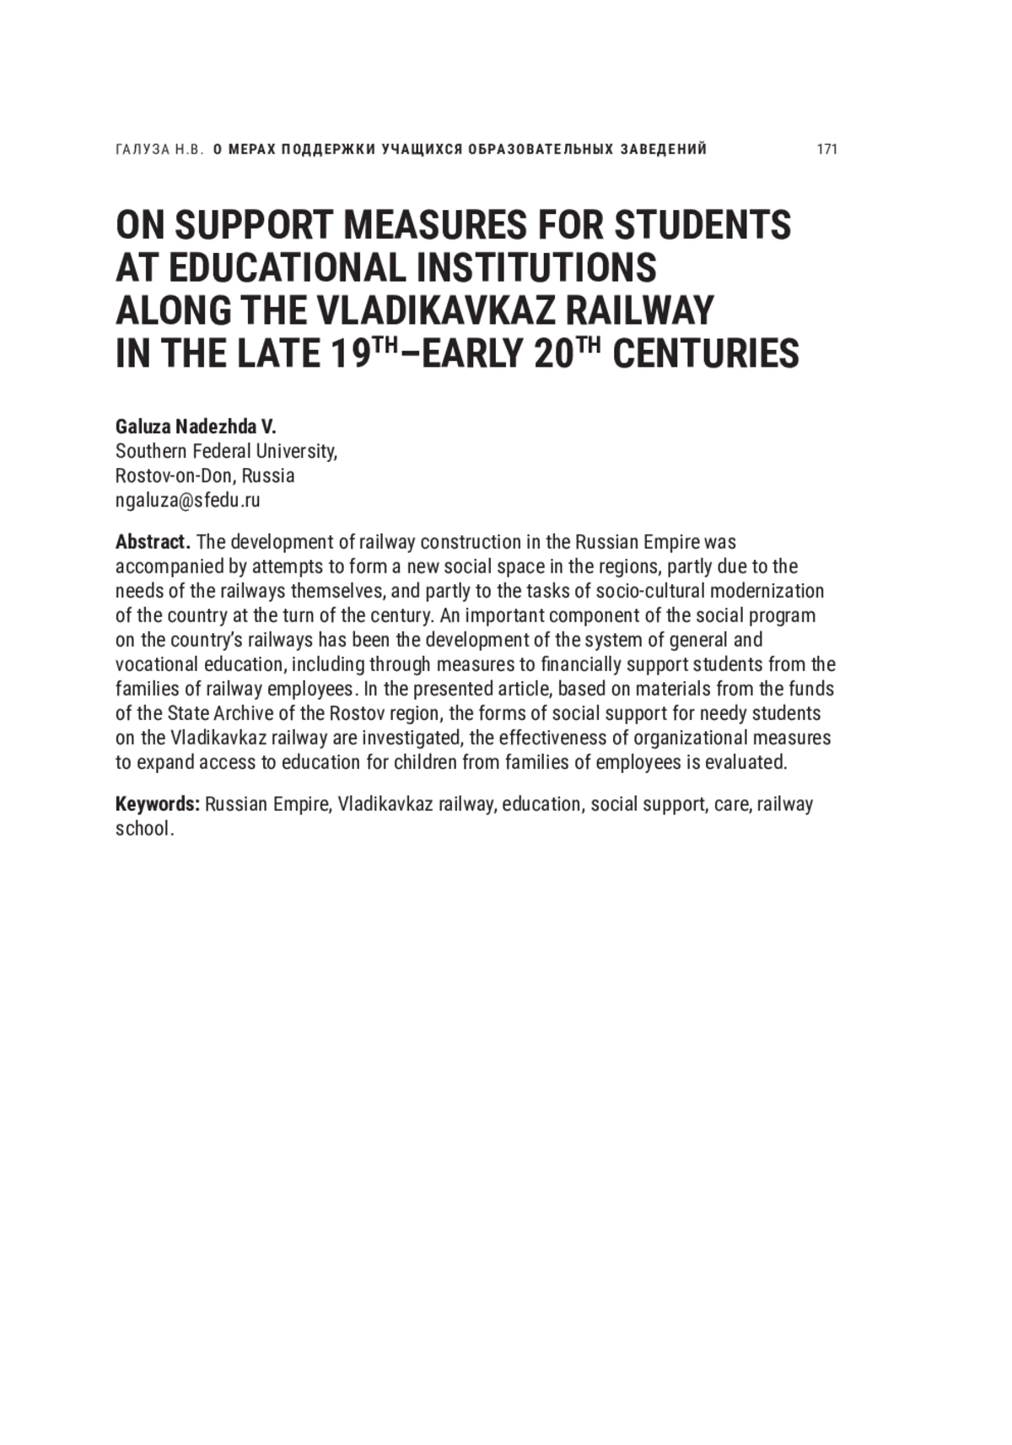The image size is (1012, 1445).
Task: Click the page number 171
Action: click(826, 149)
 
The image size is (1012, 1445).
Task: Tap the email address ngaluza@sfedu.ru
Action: click(187, 500)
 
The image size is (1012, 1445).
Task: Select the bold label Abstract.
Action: click(153, 541)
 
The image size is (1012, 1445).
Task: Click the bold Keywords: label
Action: click(158, 803)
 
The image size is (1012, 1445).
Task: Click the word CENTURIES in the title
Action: click(705, 353)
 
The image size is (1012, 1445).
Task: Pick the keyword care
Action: click(730, 803)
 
